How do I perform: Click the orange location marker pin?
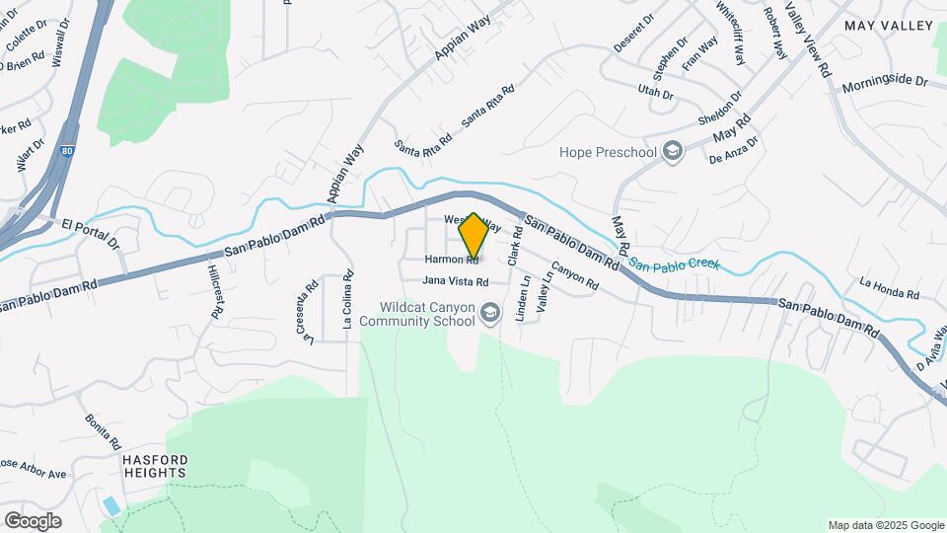(x=473, y=237)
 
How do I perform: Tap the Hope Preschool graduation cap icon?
(x=674, y=151)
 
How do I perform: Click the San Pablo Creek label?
(x=676, y=265)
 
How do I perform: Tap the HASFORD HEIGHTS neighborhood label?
(x=154, y=466)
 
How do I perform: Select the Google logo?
(x=33, y=520)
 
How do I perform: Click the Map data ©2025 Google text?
(x=884, y=524)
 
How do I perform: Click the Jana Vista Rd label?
(x=456, y=281)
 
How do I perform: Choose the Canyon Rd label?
(x=574, y=275)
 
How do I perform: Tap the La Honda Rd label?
(x=889, y=288)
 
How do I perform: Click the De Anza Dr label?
(x=734, y=150)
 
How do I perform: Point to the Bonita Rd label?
(x=103, y=429)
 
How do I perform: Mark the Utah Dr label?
(x=655, y=95)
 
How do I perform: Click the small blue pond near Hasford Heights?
(x=111, y=505)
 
